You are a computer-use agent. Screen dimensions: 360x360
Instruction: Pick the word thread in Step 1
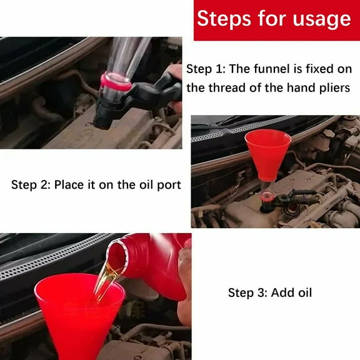pyautogui.click(x=227, y=88)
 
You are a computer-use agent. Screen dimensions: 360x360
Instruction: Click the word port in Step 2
pyautogui.click(x=169, y=185)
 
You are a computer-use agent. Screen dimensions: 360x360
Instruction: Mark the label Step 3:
pyautogui.click(x=247, y=292)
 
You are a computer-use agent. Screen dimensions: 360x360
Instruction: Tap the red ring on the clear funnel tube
pyautogui.click(x=116, y=82)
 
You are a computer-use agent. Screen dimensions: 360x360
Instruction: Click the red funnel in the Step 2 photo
pyautogui.click(x=267, y=150)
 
